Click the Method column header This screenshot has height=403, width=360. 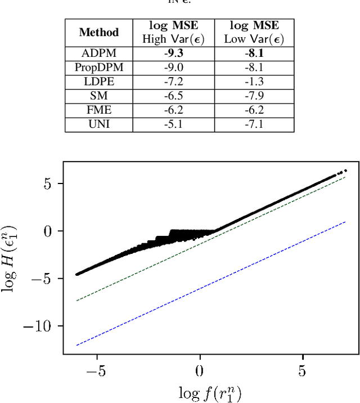pos(98,32)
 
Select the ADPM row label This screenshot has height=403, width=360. pos(98,53)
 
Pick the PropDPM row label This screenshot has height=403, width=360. pos(98,68)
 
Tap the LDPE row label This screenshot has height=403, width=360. pos(98,82)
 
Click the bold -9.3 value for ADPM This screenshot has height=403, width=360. pos(173,53)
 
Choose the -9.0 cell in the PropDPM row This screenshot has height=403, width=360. pos(173,68)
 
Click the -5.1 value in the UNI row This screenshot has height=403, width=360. pos(173,124)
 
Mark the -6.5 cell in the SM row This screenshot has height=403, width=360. pos(173,96)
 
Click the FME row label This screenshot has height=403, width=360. pos(98,110)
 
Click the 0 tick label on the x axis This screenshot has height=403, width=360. pos(200,371)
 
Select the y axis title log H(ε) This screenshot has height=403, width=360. pos(12,259)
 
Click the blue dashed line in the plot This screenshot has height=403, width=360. pos(225,277)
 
